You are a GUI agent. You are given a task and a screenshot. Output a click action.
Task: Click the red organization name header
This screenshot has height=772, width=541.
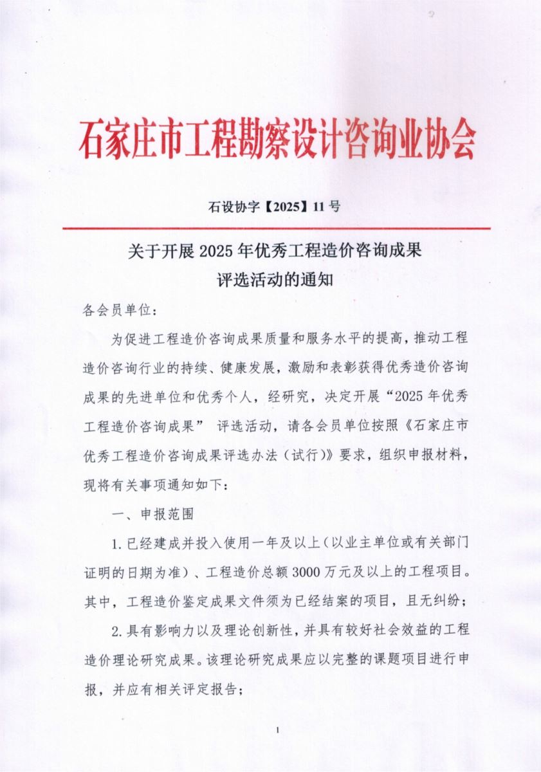(277, 138)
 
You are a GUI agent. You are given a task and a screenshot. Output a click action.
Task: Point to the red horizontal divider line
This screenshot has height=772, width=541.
(277, 228)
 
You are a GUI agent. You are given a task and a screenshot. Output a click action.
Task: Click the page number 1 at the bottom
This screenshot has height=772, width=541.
(277, 730)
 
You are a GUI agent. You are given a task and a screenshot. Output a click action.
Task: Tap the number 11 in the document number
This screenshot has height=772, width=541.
(319, 207)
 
